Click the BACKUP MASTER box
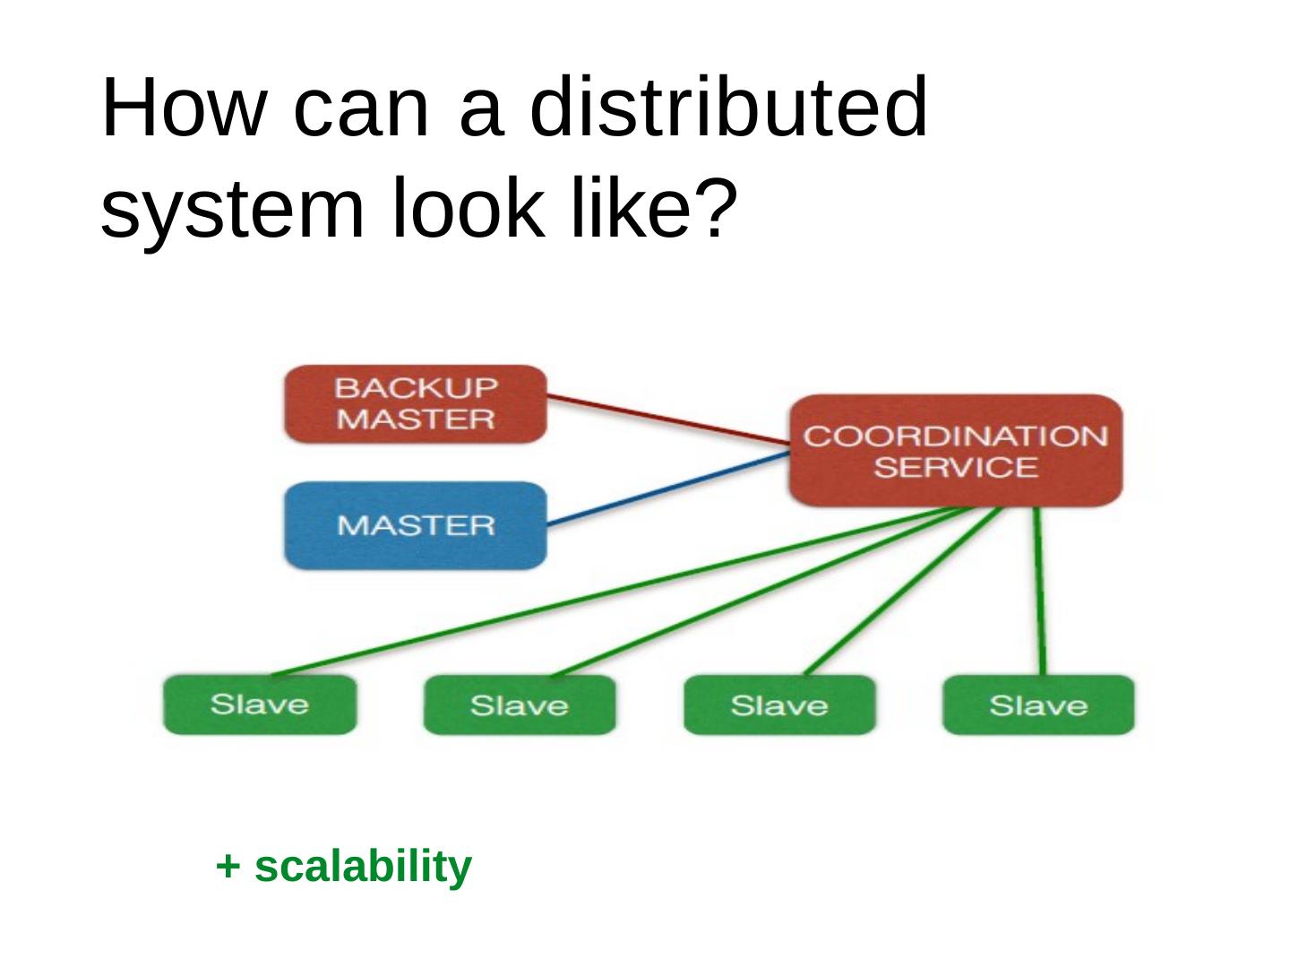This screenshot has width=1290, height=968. [x=416, y=404]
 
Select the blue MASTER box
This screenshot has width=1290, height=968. [x=416, y=525]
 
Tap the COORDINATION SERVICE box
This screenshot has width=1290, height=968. [x=955, y=451]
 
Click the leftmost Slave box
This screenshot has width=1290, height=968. [x=260, y=704]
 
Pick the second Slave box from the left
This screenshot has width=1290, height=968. [x=520, y=705]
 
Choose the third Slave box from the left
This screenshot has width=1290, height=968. [x=779, y=705]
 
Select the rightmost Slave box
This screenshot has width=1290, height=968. [x=1038, y=705]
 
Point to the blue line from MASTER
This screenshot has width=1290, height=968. [x=667, y=489]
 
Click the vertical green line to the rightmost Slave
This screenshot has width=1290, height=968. [x=1040, y=592]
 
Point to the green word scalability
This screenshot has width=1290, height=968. [x=363, y=867]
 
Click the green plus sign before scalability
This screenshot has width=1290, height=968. [x=228, y=867]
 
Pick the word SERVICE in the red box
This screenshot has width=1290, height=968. [x=955, y=467]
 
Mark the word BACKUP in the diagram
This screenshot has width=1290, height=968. [x=416, y=388]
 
